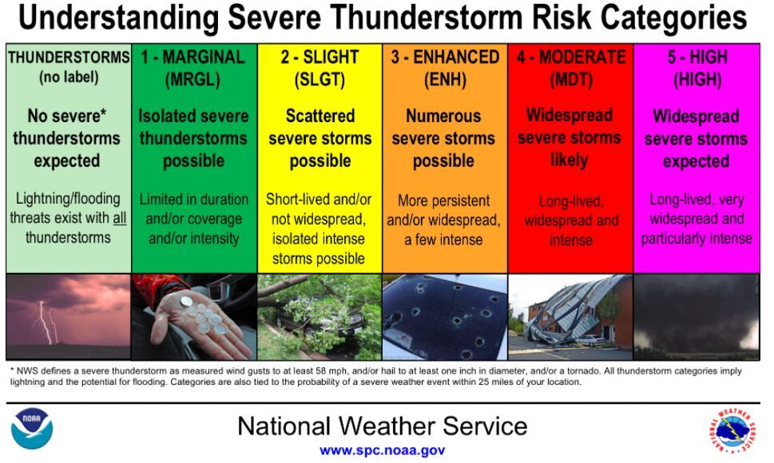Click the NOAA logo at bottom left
[x=32, y=430]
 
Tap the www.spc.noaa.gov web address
[x=382, y=450]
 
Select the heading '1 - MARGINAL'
[x=193, y=57]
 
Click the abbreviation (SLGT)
[x=319, y=80]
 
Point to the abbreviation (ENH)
[x=444, y=80]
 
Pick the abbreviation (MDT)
[x=570, y=80]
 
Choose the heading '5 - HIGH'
[x=697, y=57]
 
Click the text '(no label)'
[x=69, y=78]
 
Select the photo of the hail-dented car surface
[x=444, y=317]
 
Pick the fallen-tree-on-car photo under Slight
[x=319, y=317]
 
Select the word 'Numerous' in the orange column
[x=443, y=117]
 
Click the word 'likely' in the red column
[x=570, y=160]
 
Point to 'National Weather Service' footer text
[x=382, y=425]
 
